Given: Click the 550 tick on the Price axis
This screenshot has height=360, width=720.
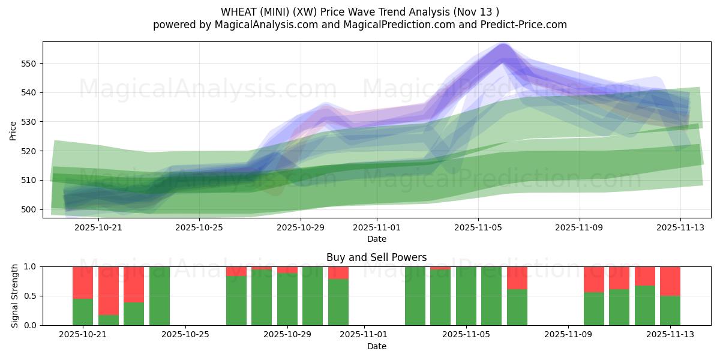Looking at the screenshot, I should (x=29, y=64).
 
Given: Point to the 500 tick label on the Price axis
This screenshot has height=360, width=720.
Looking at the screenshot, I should (x=29, y=209).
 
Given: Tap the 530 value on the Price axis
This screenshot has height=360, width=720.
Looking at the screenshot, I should (x=29, y=122).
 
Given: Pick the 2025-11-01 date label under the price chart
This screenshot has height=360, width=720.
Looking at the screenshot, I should (x=376, y=228).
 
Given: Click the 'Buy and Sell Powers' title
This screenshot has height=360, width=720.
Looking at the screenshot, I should (x=376, y=257).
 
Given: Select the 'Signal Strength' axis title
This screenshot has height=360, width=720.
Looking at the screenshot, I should (x=14, y=296).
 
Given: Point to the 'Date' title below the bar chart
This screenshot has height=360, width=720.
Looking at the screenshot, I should (x=376, y=346).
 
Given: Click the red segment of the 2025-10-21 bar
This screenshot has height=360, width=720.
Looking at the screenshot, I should (x=83, y=283).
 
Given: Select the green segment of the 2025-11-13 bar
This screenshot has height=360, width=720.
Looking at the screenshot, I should (x=670, y=310).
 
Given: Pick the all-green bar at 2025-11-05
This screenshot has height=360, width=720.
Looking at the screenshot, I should (x=466, y=296).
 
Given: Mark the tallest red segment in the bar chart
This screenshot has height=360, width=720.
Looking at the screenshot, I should (x=109, y=290).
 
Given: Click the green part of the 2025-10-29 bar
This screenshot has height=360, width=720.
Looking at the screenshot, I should (x=287, y=299).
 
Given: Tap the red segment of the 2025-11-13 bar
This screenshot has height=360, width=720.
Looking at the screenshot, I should (x=670, y=281).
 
